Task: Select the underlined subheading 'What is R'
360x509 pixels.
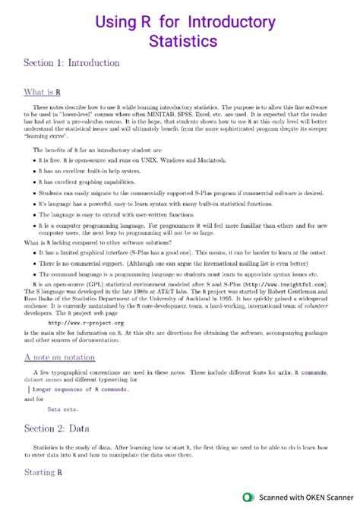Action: pos(43,93)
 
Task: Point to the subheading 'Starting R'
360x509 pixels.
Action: pos(43,473)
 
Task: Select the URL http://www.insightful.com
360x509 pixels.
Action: pos(291,283)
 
